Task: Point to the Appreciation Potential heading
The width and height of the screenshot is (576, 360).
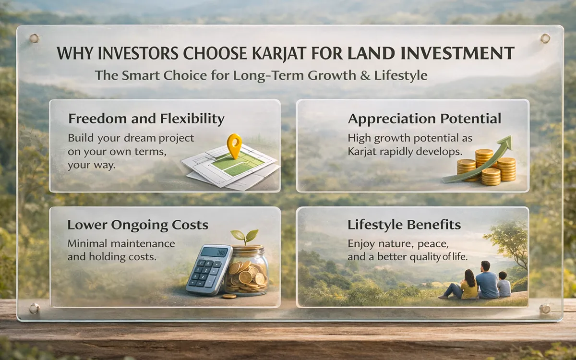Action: pos(424,119)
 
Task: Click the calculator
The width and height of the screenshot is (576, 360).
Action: pos(208,269)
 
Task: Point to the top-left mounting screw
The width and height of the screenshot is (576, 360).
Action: pos(34,38)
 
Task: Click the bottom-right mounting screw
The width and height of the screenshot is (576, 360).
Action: pos(545,308)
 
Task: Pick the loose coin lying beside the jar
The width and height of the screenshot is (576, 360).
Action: pos(229,296)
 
